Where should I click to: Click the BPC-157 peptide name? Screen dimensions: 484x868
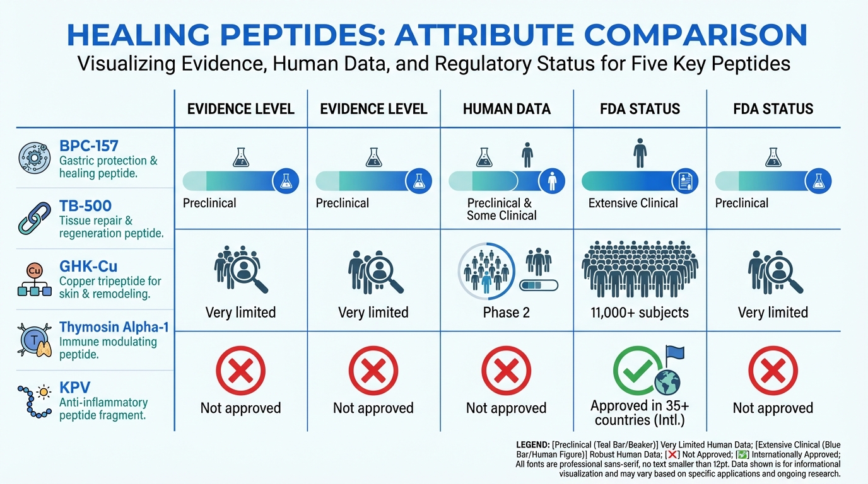(88, 146)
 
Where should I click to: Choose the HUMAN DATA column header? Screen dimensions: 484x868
(507, 109)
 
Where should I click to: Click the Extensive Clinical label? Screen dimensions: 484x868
(633, 204)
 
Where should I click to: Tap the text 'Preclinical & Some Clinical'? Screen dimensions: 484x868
(501, 209)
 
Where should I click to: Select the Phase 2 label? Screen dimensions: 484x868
(506, 313)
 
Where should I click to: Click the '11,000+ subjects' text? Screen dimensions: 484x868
(640, 313)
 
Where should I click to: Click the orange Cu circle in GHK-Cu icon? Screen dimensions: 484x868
(34, 270)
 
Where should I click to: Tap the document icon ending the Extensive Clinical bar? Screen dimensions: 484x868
(685, 181)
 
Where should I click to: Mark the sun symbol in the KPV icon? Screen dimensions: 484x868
(44, 392)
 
